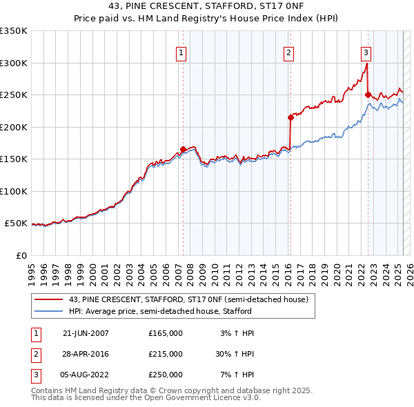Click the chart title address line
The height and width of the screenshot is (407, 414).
(x=207, y=7)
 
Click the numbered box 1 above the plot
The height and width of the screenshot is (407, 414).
(x=181, y=52)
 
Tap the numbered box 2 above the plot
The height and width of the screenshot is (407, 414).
(x=288, y=52)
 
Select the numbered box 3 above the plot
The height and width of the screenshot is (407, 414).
(x=366, y=52)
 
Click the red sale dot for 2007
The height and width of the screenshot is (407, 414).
(x=183, y=149)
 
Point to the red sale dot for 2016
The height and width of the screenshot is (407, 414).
(x=290, y=117)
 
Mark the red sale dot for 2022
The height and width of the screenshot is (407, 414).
(x=368, y=95)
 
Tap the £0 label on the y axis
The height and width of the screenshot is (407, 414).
(x=20, y=255)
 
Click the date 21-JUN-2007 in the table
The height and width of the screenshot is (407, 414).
(x=86, y=333)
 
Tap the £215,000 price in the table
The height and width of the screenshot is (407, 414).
(x=166, y=354)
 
